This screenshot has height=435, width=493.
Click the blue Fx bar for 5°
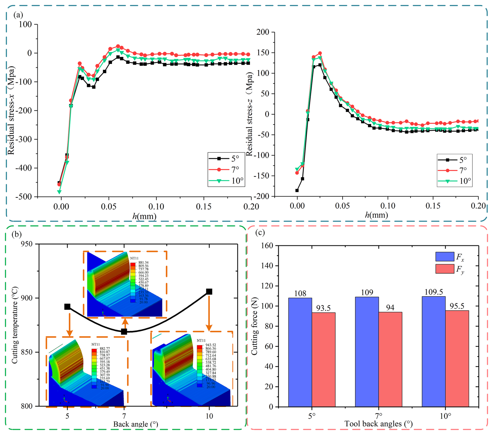tap(300, 352)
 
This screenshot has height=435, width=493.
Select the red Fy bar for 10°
tap(457, 358)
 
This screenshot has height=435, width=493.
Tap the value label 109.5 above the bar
tap(434, 292)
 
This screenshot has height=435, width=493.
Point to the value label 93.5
tap(323, 308)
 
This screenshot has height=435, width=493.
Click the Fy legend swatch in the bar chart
tap(445, 269)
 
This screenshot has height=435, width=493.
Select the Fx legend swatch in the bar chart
tap(445, 257)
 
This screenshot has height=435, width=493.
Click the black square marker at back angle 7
tap(124, 332)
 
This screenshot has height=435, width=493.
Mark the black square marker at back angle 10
tap(209, 291)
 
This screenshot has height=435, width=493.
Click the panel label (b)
tap(17, 234)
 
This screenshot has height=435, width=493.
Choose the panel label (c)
tap(260, 232)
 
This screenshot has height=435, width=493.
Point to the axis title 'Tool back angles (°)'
tap(378, 424)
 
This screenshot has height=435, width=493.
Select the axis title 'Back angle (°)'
tap(135, 424)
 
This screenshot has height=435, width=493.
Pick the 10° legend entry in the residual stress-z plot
tap(455, 181)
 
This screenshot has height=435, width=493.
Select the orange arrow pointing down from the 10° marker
tap(209, 313)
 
